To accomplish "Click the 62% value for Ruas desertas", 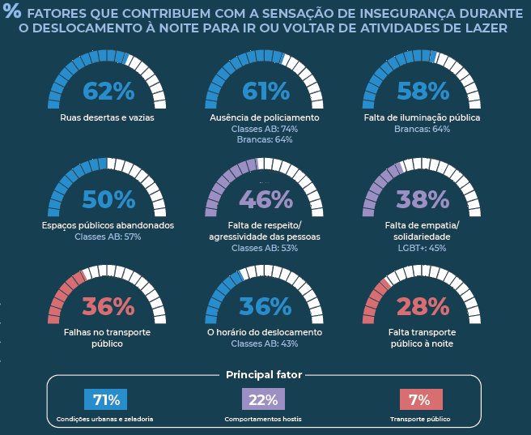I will click(108, 92).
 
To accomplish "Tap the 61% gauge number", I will click(265, 92).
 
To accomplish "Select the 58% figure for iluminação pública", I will click(423, 92).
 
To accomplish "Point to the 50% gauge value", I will click(108, 199).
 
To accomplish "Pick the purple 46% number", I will click(265, 199).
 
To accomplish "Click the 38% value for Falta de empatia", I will click(423, 199).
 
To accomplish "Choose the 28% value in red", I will click(423, 307).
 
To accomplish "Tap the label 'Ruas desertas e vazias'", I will click(108, 117).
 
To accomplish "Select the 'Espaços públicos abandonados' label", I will click(108, 225).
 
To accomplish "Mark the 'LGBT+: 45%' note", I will click(422, 248).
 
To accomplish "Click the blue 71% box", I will click(106, 400).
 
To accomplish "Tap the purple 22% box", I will click(263, 400).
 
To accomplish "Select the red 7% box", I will click(420, 400).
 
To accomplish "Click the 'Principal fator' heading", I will click(264, 375).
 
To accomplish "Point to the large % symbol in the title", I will click(11, 12).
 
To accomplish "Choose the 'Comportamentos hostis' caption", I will click(263, 420).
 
